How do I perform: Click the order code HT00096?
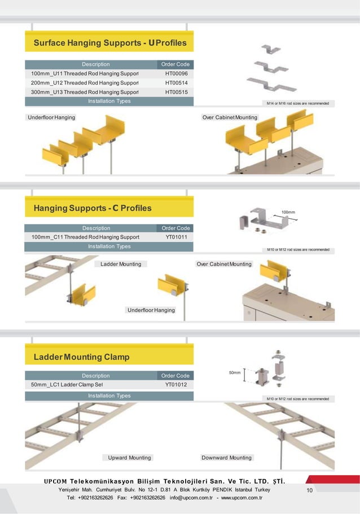[176, 74]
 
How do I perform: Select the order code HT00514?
[176, 83]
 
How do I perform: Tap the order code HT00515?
[176, 92]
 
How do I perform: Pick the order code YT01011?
[176, 237]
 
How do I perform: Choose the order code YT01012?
[176, 385]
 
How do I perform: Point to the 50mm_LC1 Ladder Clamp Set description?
[67, 385]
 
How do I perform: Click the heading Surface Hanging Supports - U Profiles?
[110, 43]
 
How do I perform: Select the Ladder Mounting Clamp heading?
[81, 357]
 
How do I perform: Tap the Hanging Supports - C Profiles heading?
[93, 208]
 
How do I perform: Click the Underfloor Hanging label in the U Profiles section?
[51, 117]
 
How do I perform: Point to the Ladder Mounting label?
[121, 264]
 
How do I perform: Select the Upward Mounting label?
[129, 458]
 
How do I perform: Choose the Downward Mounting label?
[226, 458]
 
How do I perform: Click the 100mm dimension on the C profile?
[288, 213]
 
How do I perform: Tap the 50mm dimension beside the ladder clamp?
[234, 373]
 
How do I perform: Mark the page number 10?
[309, 490]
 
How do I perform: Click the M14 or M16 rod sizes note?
[297, 104]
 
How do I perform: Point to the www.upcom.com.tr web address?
[245, 498]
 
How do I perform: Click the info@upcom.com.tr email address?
[191, 498]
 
